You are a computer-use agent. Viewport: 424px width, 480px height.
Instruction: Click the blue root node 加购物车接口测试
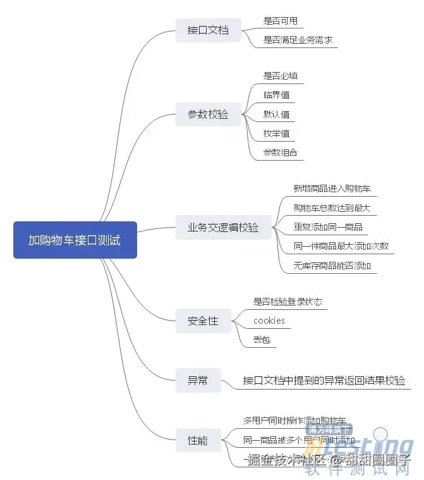click(x=75, y=240)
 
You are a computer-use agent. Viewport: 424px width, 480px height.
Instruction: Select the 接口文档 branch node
click(x=208, y=30)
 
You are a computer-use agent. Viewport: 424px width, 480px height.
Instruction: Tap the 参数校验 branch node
click(x=208, y=114)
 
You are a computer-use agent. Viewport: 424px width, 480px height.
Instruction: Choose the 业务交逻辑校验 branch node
click(x=222, y=228)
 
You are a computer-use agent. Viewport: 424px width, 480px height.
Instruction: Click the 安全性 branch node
click(x=203, y=321)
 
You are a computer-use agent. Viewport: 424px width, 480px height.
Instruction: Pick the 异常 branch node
click(x=197, y=381)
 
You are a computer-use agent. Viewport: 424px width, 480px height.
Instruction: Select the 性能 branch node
click(x=197, y=440)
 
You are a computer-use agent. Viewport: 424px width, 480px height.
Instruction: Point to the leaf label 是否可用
click(x=280, y=21)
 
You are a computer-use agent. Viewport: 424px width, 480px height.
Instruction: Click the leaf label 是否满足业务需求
click(x=298, y=40)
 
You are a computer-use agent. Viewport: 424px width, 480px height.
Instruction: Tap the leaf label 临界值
click(x=277, y=95)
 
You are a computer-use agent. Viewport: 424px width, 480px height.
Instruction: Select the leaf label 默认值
click(x=277, y=114)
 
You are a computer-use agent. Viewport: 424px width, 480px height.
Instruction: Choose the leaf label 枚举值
click(x=277, y=133)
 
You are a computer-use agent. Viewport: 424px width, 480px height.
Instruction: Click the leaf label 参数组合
click(x=280, y=152)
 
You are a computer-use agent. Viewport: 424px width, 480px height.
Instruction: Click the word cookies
click(x=269, y=321)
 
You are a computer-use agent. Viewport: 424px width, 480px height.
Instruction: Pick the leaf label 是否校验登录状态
click(x=288, y=302)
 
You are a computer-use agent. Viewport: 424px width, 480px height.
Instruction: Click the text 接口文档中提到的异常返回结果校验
click(x=324, y=381)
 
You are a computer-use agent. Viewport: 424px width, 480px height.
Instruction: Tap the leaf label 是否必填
click(x=280, y=76)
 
